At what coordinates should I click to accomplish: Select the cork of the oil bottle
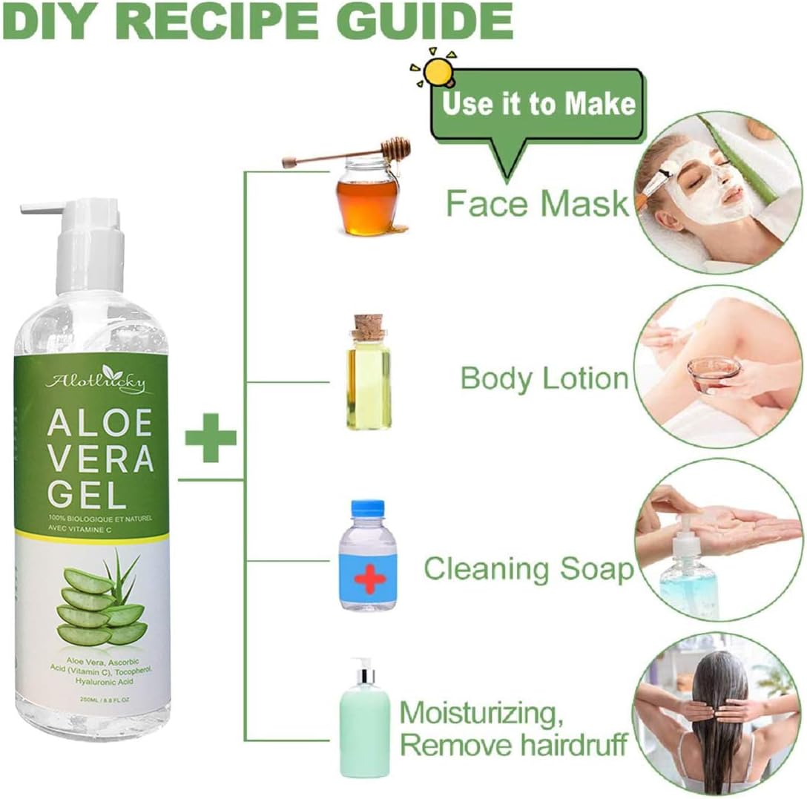(x=368, y=327)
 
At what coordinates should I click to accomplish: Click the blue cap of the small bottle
(x=368, y=510)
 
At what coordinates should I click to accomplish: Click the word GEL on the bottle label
(x=82, y=493)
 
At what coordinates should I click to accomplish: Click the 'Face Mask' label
(x=537, y=202)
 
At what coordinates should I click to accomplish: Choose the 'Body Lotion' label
(x=544, y=378)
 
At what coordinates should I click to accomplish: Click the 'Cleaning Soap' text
(x=528, y=569)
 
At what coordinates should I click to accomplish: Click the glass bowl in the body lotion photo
(x=713, y=369)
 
